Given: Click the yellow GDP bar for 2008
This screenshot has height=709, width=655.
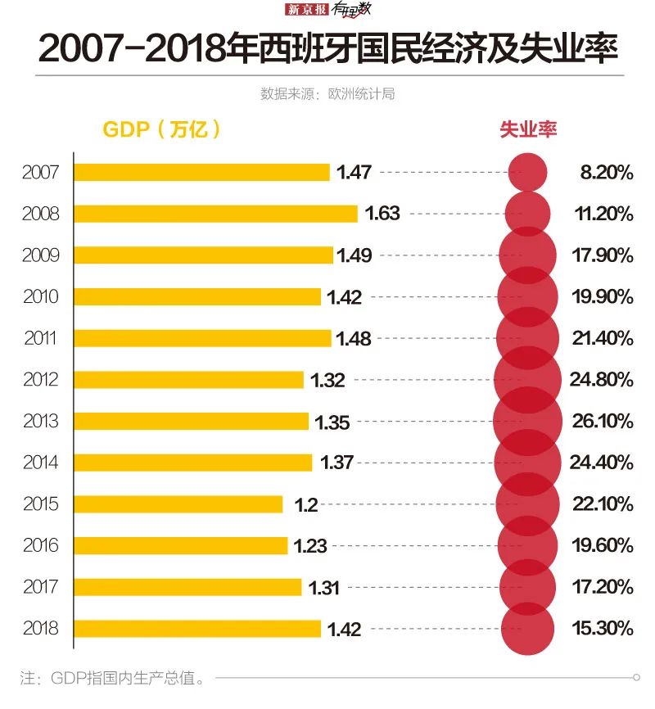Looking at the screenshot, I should (215, 214).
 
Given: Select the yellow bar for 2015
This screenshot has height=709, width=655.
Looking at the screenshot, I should (178, 504).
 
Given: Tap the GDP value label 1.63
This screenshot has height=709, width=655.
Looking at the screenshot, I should (382, 214).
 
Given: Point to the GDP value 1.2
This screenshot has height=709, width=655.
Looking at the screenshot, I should (306, 504).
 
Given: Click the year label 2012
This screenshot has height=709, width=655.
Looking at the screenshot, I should (41, 380).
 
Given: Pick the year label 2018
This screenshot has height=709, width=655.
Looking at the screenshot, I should (41, 629).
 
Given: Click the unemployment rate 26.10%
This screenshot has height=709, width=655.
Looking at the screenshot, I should (603, 421).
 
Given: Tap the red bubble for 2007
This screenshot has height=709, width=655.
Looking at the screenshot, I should (526, 172).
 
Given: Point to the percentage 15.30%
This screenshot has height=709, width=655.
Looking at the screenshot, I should (603, 629).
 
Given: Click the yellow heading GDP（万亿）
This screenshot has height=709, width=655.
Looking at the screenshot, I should (161, 129).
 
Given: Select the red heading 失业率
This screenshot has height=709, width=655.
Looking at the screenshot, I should (528, 129).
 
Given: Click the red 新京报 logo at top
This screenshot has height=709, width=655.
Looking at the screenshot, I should (306, 10).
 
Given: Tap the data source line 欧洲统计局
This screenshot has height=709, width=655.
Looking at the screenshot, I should (327, 94).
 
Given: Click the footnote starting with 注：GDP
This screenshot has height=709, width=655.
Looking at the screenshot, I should (111, 679).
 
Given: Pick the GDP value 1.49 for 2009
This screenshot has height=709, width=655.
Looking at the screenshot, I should (355, 255).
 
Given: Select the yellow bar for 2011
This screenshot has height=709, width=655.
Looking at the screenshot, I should (202, 338).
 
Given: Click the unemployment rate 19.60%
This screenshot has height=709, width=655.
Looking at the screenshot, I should (603, 545).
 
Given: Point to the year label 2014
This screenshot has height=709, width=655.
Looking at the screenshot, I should (41, 463).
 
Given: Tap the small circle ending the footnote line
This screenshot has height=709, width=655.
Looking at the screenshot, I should (636, 678).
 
